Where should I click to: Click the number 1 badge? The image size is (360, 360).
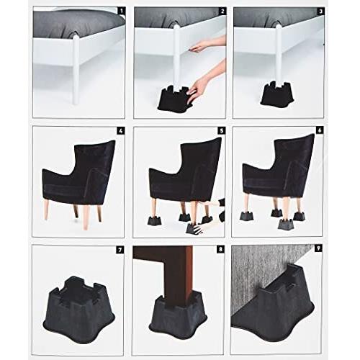pyautogui.click(x=120, y=12)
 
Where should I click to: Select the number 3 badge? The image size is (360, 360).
pyautogui.click(x=319, y=12)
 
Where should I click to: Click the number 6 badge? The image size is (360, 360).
pyautogui.click(x=318, y=131)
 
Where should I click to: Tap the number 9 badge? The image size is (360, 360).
pyautogui.click(x=318, y=250)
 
